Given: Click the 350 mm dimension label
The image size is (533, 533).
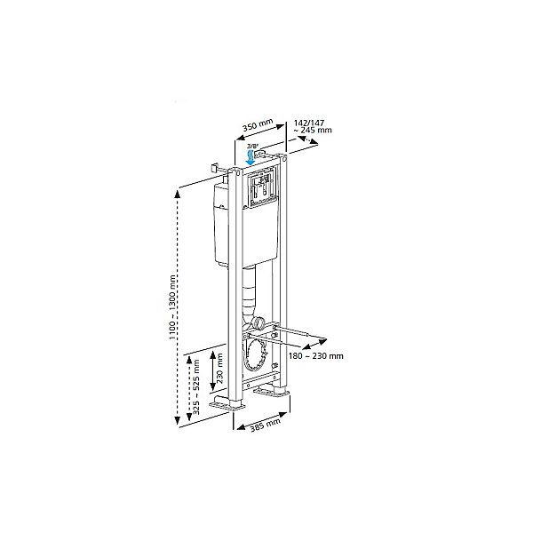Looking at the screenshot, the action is click(258, 124).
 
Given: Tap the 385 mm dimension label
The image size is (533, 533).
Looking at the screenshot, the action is click(266, 425).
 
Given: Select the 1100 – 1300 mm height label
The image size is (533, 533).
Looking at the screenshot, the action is click(172, 307).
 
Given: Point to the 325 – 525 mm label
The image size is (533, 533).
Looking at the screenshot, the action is click(196, 387).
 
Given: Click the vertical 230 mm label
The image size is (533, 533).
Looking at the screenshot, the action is click(220, 368).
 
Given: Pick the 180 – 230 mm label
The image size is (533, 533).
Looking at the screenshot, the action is click(315, 356).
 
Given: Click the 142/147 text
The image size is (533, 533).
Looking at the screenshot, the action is click(309, 123).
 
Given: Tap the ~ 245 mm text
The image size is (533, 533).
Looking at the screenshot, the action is click(313, 131).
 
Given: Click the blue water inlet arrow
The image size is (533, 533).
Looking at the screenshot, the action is click(251, 158).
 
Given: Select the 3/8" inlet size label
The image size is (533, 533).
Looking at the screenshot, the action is click(253, 147).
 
